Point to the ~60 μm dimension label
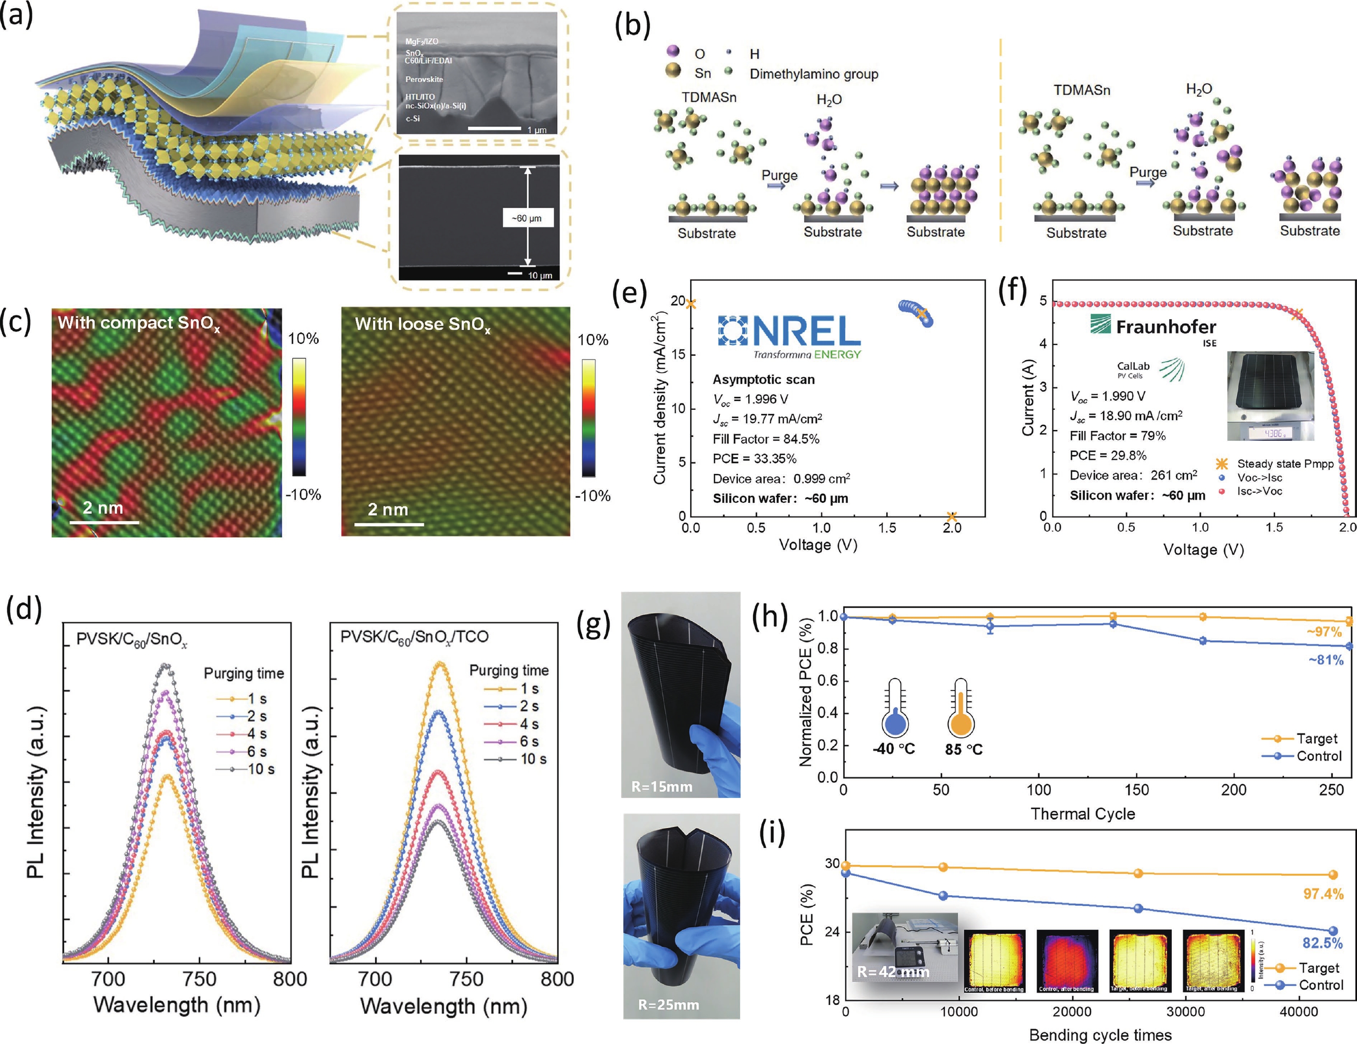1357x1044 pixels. (x=527, y=218)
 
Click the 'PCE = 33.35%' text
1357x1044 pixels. (x=754, y=458)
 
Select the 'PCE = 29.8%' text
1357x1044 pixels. (x=1108, y=455)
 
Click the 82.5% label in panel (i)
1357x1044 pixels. (x=1322, y=943)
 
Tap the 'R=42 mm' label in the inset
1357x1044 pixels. (x=893, y=972)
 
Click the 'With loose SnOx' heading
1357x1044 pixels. (x=423, y=324)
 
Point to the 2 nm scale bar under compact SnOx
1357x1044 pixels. (x=104, y=521)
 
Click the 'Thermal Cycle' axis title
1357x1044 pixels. (x=1082, y=813)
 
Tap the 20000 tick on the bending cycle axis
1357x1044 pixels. (x=1072, y=1012)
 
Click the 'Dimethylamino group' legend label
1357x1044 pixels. (x=814, y=74)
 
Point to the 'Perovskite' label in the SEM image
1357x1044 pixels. (x=424, y=80)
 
